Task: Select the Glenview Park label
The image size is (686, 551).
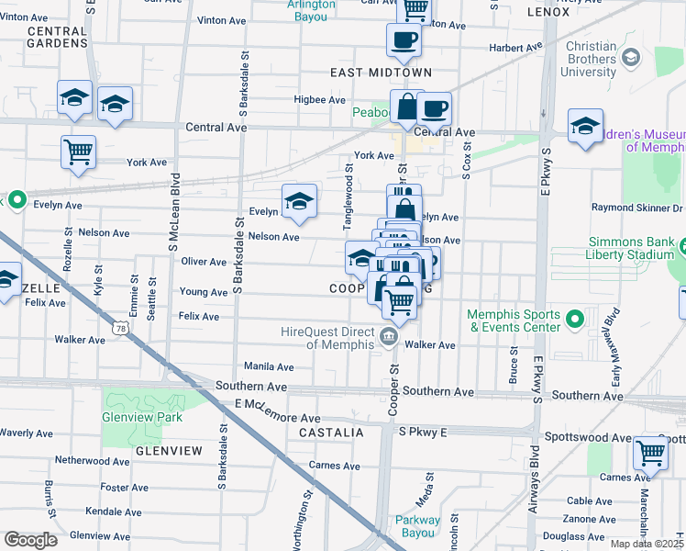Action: click(x=142, y=417)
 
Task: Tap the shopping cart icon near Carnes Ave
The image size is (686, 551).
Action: click(x=649, y=451)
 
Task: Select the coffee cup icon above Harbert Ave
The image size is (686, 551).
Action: click(x=403, y=39)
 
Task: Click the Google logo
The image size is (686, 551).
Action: click(x=30, y=540)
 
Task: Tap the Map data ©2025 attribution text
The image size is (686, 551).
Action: click(x=647, y=545)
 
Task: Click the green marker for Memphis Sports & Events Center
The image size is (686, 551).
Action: click(x=575, y=319)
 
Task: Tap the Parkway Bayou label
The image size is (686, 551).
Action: click(x=418, y=526)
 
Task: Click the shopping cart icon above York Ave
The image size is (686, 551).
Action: click(x=79, y=152)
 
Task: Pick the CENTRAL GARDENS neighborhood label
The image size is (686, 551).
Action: click(x=57, y=37)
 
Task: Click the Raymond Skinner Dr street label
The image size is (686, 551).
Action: click(x=628, y=209)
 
